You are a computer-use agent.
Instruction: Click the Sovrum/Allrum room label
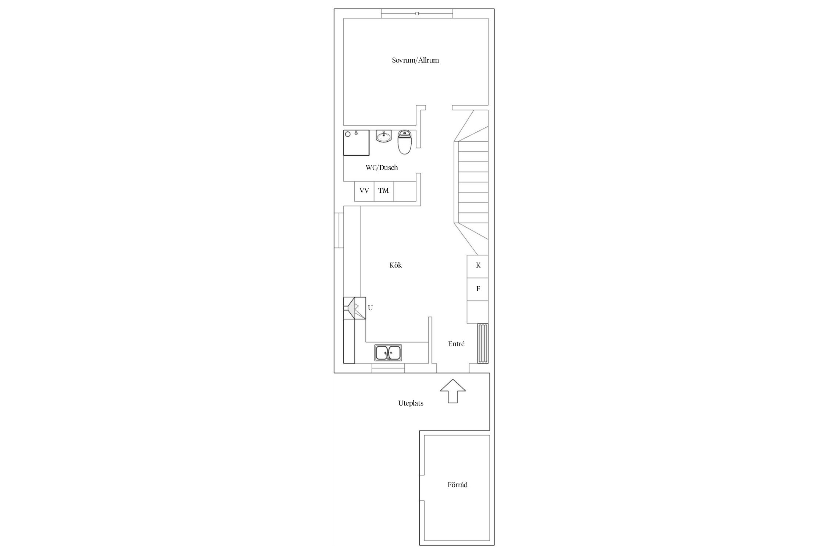[x=415, y=60]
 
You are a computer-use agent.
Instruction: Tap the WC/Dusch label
[x=382, y=168]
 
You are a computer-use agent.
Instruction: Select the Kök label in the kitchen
[x=395, y=265]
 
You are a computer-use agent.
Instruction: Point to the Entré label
[x=456, y=344]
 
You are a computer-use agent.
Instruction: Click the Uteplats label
[x=411, y=403]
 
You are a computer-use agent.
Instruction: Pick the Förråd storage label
[x=458, y=485]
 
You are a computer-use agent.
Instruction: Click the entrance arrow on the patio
[x=453, y=391]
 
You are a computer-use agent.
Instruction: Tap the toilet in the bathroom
[x=405, y=142]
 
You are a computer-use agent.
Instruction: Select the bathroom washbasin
[x=383, y=136]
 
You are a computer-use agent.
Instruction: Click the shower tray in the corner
[x=357, y=143]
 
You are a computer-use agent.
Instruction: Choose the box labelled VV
[x=364, y=191]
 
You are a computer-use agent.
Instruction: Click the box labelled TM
[x=384, y=191]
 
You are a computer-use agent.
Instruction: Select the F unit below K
[x=478, y=289]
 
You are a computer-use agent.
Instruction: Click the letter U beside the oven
[x=370, y=308]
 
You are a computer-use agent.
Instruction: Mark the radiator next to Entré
[x=483, y=344]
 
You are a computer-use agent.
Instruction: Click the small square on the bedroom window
[x=417, y=14]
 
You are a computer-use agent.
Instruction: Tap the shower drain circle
[x=348, y=134]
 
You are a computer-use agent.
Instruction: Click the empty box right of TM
[x=405, y=191]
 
